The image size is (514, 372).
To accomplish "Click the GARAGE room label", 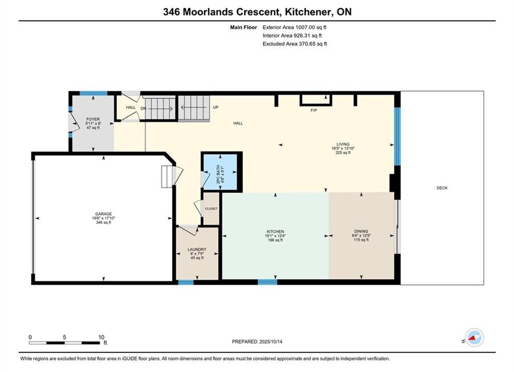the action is point(104,214).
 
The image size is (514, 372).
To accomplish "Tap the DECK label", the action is point(442,188).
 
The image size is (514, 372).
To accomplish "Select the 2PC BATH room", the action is point(220,172).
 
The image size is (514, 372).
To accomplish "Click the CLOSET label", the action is point(211,209).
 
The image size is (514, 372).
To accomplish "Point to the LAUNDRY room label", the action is point(197,250).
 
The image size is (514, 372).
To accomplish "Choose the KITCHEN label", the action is point(275,231).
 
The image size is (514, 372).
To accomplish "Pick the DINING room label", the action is point(361,231).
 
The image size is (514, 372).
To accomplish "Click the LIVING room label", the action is point(343,144).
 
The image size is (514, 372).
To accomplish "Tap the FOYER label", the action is point(93,119).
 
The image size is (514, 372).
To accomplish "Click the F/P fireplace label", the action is point(314,111).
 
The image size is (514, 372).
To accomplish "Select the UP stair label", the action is point(216,107).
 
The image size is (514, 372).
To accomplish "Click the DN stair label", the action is point(143,108).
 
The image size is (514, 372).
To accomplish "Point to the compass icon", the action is point(474,337).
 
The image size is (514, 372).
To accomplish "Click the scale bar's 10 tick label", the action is point(101,337).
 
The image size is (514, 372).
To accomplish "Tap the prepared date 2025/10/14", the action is point(271,342).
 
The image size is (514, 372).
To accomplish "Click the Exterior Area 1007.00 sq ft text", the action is point(294,27).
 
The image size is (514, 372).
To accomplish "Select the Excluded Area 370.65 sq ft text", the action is point(294,44).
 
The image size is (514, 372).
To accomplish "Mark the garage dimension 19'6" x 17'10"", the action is point(104,218).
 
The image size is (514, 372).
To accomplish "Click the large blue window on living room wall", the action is point(397,136).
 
